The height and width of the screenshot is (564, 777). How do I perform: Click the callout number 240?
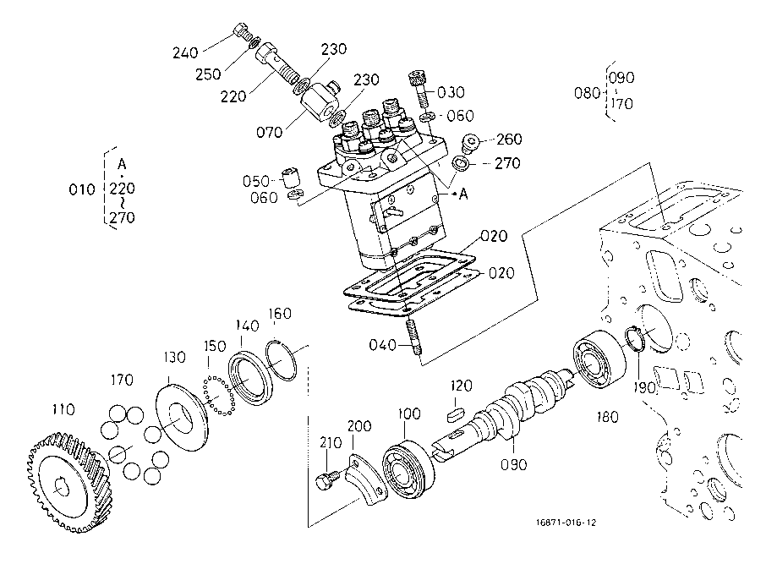click(x=185, y=52)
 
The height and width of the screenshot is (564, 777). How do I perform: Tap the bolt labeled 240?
click(x=241, y=31)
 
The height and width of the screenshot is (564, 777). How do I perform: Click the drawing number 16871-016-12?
click(x=566, y=523)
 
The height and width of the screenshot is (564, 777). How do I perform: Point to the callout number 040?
click(x=382, y=344)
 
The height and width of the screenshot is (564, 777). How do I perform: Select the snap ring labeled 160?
click(x=281, y=360)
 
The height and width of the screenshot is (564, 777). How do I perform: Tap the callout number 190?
click(x=644, y=387)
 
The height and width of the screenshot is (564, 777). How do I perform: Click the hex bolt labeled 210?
click(x=327, y=479)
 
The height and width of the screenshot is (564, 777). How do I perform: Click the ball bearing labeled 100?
click(x=408, y=468)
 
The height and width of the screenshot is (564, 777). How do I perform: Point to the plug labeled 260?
click(x=470, y=143)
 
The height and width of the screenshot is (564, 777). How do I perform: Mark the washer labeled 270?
click(x=462, y=163)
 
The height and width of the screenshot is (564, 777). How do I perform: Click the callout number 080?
click(x=587, y=93)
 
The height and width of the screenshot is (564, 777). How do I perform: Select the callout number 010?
click(x=82, y=189)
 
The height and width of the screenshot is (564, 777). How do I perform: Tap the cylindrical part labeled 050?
click(x=291, y=178)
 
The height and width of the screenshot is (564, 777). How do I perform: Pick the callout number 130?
click(x=174, y=358)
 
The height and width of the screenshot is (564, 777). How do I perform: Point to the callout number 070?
click(x=269, y=132)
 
